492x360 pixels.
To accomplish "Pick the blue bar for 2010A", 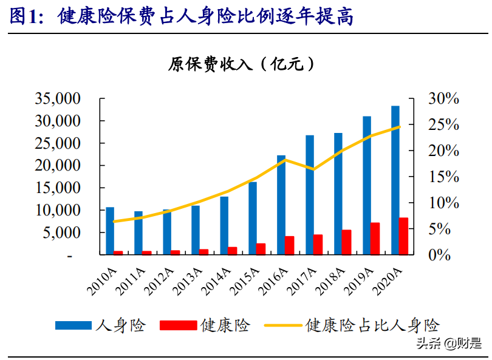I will pyautogui.click(x=110, y=231).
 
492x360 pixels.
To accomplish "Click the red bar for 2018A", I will pyautogui.click(x=346, y=242).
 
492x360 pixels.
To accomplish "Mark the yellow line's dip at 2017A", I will pyautogui.click(x=313, y=169).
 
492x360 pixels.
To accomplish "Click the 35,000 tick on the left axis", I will pyautogui.click(x=58, y=98).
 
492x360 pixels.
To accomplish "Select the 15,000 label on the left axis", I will pyautogui.click(x=58, y=188).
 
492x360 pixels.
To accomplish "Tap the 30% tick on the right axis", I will pyautogui.click(x=445, y=98).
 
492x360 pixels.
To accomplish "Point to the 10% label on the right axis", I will pyautogui.click(x=445, y=203).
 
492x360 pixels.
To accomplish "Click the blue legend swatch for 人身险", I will pyautogui.click(x=74, y=325).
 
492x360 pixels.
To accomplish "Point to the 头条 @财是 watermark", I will pyautogui.click(x=450, y=344).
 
